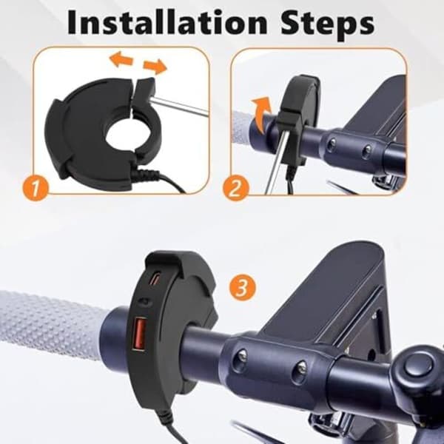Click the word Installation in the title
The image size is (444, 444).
pos(167,22)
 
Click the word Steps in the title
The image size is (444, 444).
pos(328,25)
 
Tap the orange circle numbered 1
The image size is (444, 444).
pos(35,187)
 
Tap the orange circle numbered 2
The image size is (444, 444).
pos(235,188)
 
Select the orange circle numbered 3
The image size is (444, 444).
pos(243,288)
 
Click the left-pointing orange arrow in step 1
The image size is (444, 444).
pos(122,59)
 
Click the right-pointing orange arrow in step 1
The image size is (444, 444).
pos(155,67)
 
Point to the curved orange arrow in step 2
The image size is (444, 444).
pos(260,114)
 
